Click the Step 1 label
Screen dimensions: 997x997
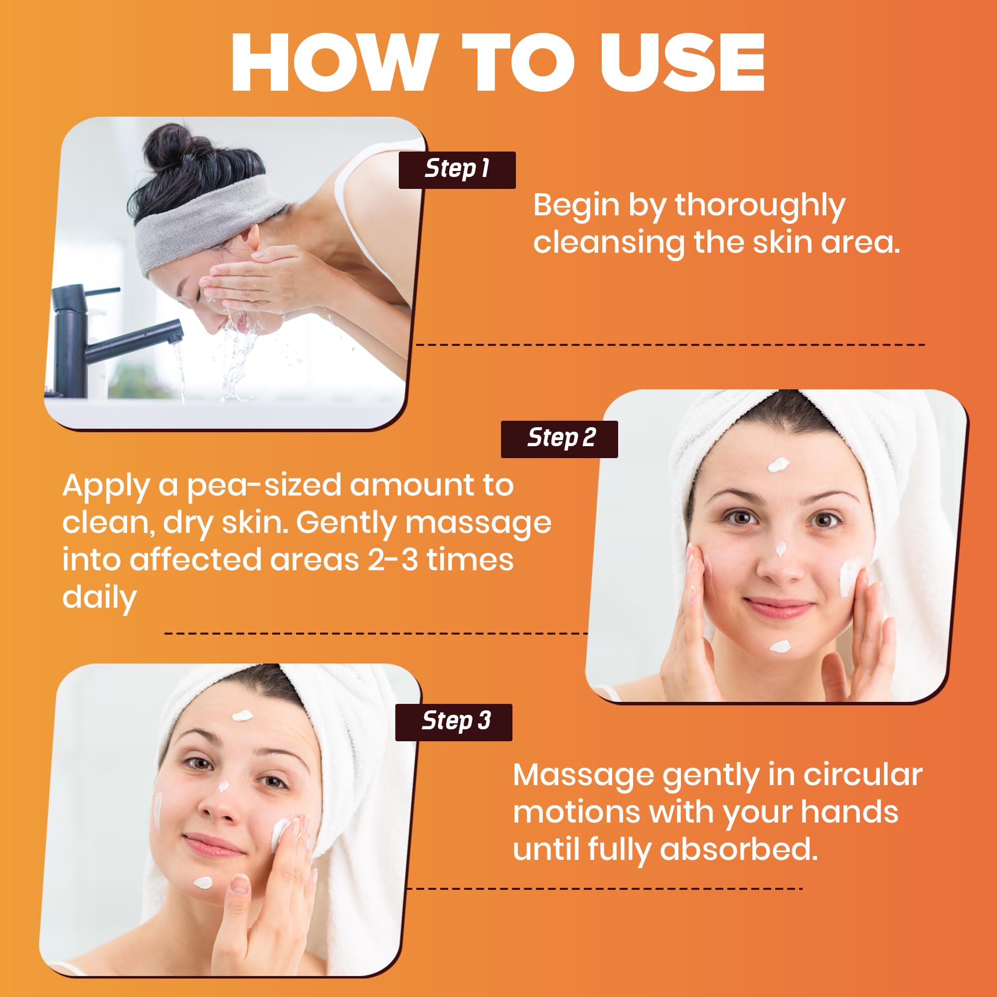click(457, 170)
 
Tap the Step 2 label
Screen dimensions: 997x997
click(559, 439)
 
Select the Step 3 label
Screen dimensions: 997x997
click(454, 722)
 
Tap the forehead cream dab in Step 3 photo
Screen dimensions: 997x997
click(242, 715)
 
